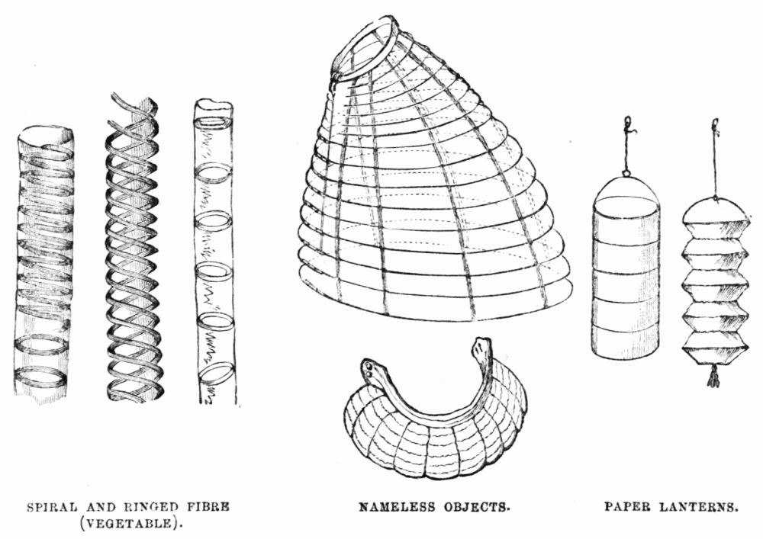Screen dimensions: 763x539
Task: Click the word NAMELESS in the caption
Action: [x=397, y=508]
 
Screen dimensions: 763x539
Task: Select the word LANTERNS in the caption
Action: [x=698, y=508]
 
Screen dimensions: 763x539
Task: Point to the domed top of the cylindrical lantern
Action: [x=626, y=191]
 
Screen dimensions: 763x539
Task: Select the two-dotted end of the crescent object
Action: [x=371, y=371]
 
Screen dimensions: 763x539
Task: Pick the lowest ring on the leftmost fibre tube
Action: [x=41, y=377]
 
